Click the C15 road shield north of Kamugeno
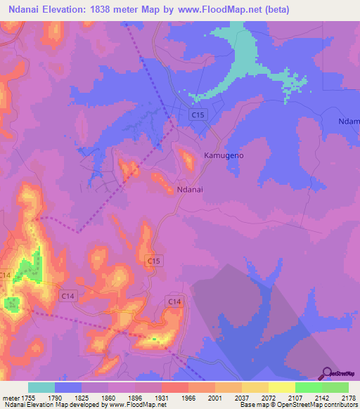[x=198, y=115]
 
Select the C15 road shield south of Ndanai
[x=155, y=261]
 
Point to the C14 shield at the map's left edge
[x=6, y=275]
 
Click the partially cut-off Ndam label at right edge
[x=349, y=121]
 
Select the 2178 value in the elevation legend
[x=345, y=397]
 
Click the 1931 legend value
[x=162, y=397]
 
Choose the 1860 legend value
[x=108, y=397]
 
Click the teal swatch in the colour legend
[x=41, y=387]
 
